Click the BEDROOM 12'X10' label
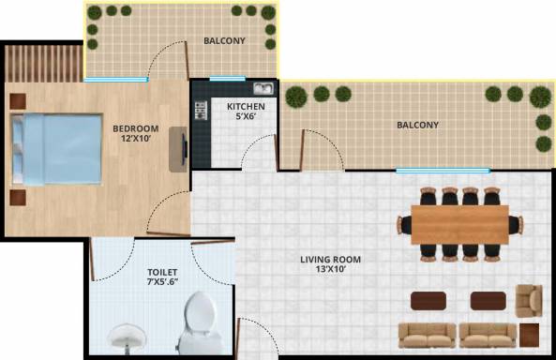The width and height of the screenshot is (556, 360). pyautogui.click(x=135, y=134)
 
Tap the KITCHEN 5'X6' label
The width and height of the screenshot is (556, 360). pyautogui.click(x=246, y=112)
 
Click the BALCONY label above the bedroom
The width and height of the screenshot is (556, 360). pyautogui.click(x=224, y=40)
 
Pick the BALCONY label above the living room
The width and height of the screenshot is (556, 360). pyautogui.click(x=417, y=125)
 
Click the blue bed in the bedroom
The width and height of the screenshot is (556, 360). pyautogui.click(x=57, y=149)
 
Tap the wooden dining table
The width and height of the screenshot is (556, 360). pyautogui.click(x=458, y=224)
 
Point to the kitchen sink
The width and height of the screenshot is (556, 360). pyautogui.click(x=262, y=90)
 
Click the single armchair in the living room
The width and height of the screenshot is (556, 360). pyautogui.click(x=529, y=299)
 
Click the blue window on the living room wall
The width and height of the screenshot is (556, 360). pyautogui.click(x=442, y=171)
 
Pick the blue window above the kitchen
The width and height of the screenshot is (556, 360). pyautogui.click(x=227, y=79)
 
